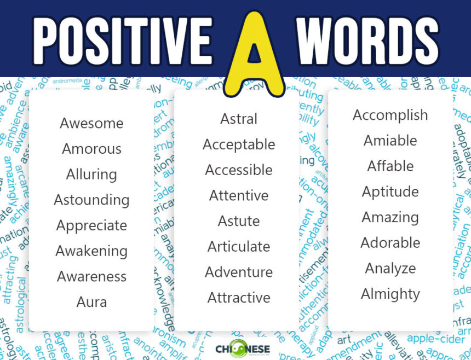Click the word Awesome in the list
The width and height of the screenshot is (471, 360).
coord(91,123)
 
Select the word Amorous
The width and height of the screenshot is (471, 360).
coord(91,149)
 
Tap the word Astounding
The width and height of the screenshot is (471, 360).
coord(91,200)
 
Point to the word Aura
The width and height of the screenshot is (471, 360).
coord(91,302)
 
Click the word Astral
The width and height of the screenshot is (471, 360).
coord(239,119)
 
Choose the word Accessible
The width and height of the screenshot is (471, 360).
coord(239,170)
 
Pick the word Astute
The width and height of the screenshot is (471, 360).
coord(239,221)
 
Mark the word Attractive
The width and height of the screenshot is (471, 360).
coord(239,298)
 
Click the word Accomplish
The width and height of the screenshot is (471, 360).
coord(390,115)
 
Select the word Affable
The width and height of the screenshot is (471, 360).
coord(390,166)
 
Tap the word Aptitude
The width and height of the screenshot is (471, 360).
coord(390,191)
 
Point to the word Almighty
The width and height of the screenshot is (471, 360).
coord(390,294)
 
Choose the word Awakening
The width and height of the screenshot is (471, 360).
coord(91,251)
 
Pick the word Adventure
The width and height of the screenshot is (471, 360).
coord(239,272)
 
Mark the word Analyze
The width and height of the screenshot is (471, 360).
coord(390,268)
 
